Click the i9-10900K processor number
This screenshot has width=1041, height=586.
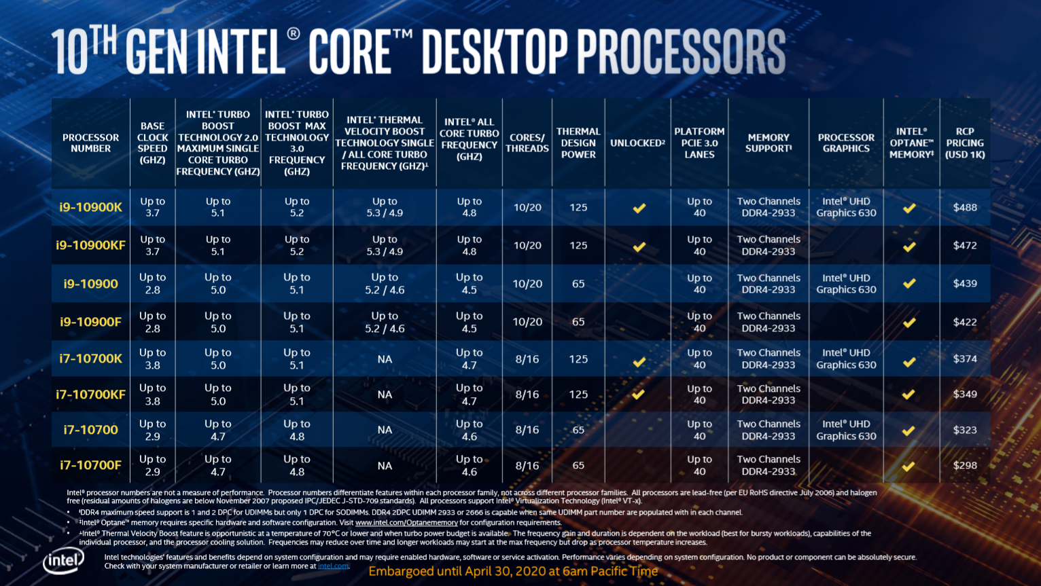90,207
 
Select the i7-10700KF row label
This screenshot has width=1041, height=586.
90,395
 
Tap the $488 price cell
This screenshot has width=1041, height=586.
965,207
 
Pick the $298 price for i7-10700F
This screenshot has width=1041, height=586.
965,465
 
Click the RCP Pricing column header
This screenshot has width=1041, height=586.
965,143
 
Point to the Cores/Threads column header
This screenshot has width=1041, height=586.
527,143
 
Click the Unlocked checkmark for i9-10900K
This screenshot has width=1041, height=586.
639,208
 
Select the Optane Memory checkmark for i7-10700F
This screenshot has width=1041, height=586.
908,466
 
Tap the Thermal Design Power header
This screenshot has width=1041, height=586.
578,143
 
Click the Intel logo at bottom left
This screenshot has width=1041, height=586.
63,562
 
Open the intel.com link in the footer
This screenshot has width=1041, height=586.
333,566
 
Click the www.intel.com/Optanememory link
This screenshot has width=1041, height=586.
406,523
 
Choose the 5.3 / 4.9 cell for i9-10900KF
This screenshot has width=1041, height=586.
385,245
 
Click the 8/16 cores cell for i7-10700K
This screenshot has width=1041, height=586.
527,359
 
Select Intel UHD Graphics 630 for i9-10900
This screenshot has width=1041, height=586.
846,284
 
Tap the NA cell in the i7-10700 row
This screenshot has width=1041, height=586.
385,430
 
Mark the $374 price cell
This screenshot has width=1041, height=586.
965,359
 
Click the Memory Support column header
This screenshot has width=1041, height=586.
769,143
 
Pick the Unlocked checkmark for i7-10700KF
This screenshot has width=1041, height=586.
638,394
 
